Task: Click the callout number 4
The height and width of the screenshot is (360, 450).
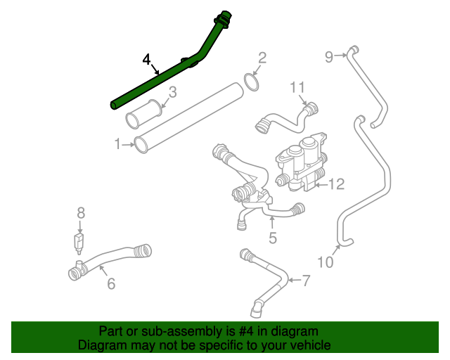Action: (x=146, y=59)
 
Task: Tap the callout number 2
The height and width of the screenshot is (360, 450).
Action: (x=262, y=58)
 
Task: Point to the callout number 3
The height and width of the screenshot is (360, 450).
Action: (x=172, y=92)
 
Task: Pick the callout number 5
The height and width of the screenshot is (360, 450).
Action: (x=273, y=238)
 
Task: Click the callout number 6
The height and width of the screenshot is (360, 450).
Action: (x=110, y=283)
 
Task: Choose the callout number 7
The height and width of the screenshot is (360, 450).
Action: (x=305, y=281)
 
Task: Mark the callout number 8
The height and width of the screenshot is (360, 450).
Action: (x=81, y=212)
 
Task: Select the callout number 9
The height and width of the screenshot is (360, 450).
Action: (x=328, y=57)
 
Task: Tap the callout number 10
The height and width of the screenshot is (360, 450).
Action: (x=325, y=262)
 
